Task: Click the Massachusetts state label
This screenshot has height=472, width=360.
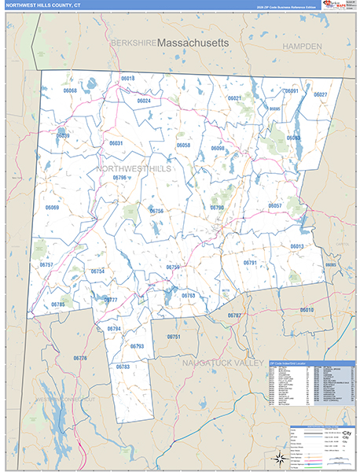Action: click(193, 41)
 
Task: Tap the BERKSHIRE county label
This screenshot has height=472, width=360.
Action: click(132, 42)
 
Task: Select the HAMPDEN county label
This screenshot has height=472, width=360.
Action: click(302, 47)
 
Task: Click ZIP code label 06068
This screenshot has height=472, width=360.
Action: click(69, 91)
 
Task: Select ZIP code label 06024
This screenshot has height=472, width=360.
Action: click(144, 101)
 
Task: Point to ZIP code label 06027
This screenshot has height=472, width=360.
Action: click(320, 94)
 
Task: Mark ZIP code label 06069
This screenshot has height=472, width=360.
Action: click(53, 208)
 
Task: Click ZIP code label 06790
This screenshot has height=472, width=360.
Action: click(217, 208)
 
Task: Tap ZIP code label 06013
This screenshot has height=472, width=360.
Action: click(296, 246)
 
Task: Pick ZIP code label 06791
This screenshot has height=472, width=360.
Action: click(250, 262)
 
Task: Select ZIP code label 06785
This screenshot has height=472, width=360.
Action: click(57, 304)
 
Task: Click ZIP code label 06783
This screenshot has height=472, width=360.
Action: click(123, 367)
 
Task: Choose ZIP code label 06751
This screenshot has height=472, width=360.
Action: click(174, 337)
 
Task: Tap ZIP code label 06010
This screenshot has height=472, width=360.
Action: click(307, 310)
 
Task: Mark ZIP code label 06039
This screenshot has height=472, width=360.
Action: click(64, 136)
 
